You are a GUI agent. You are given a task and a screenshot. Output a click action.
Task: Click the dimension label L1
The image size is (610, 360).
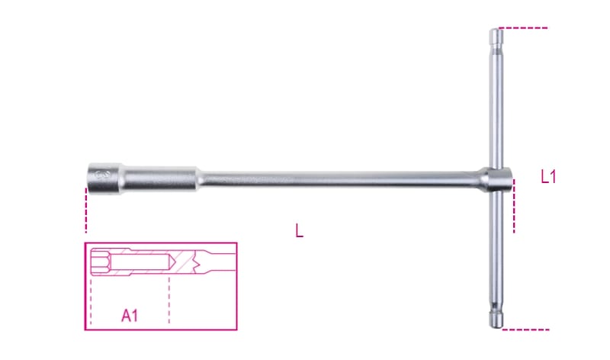[548, 178]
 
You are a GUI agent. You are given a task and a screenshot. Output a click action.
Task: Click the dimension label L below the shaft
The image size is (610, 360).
[299, 231]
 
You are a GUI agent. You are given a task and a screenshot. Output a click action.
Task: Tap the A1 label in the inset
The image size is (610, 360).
[130, 313]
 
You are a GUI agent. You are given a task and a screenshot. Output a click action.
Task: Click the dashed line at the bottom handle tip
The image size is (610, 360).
[526, 329]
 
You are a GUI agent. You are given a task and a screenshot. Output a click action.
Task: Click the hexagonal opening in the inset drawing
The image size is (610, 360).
[97, 261]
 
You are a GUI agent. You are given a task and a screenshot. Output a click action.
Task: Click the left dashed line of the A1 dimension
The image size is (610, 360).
[90, 301]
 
